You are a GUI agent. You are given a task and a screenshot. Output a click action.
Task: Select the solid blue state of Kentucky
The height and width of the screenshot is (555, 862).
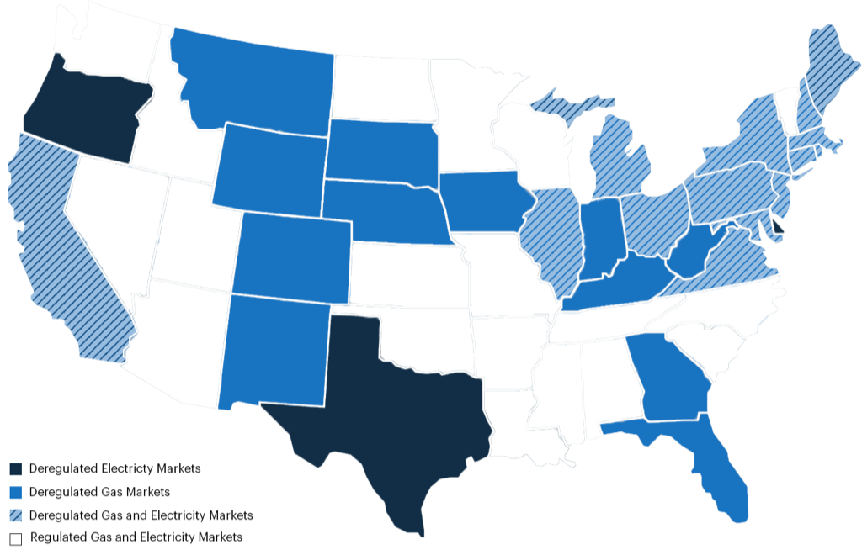tap(623, 282)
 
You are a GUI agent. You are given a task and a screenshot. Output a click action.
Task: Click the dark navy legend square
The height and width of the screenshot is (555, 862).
tap(15, 468)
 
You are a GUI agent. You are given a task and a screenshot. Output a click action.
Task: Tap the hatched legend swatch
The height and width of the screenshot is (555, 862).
tap(15, 515)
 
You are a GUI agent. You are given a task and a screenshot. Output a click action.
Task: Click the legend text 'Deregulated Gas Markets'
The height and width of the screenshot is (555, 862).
tap(99, 491)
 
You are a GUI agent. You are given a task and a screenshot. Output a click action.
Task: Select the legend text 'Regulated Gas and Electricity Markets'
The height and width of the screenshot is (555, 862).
tap(136, 536)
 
